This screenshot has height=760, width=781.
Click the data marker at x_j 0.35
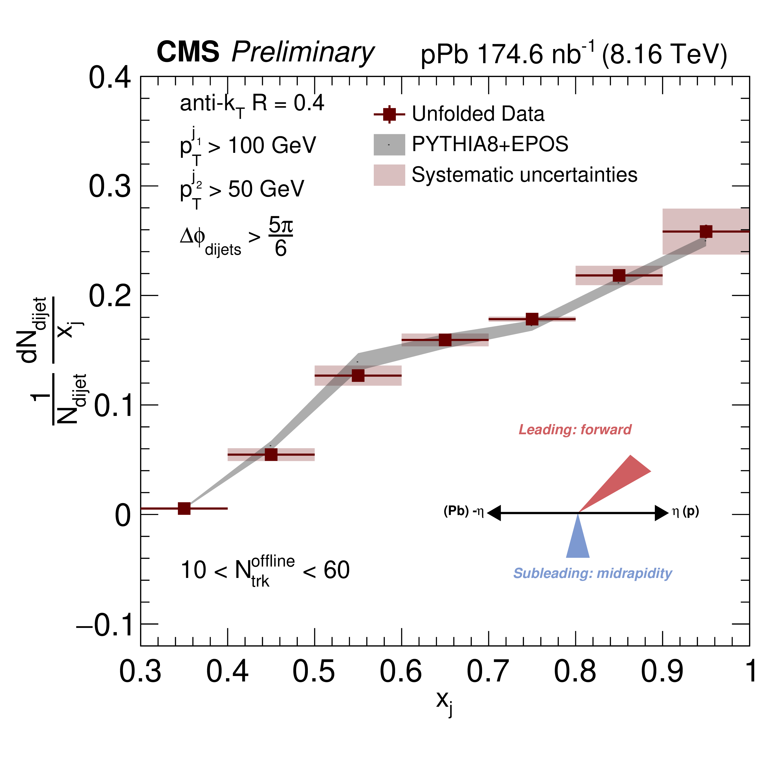tap(184, 509)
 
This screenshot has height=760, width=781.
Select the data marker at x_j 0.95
tap(706, 232)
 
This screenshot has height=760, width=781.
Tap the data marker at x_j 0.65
tap(445, 340)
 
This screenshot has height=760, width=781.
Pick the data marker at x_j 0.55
tap(358, 376)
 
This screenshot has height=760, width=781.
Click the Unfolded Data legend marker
tap(389, 114)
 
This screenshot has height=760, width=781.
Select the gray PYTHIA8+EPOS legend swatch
tap(389, 144)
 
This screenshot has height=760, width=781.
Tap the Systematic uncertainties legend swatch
tap(389, 175)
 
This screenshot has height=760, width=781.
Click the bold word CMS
tap(188, 52)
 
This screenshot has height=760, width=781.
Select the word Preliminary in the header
tap(303, 53)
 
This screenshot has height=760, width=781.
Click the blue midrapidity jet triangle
tap(578, 541)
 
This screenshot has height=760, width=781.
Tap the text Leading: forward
tap(575, 430)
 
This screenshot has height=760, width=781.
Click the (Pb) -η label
tap(463, 512)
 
